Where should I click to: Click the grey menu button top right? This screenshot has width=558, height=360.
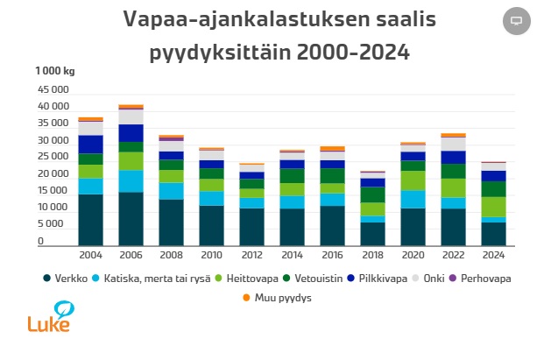516,20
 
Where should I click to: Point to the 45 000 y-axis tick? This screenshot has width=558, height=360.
53,89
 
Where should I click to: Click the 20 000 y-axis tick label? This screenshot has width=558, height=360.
53,174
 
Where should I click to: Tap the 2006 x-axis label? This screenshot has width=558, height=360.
131,256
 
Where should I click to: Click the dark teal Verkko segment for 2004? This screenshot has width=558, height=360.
91,219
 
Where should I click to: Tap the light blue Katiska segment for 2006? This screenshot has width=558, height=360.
131,180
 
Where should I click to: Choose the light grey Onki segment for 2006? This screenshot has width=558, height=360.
131,116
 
